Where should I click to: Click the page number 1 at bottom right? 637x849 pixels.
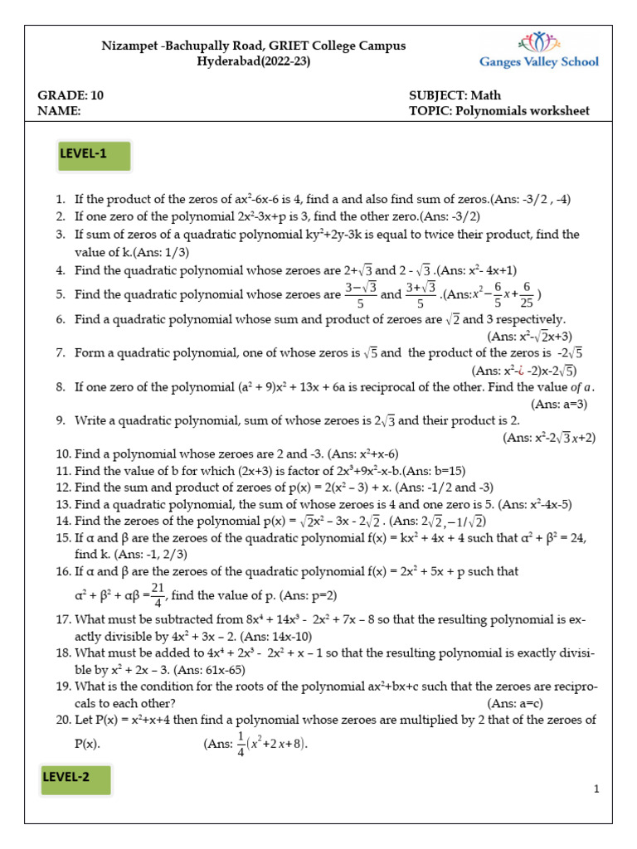(596, 789)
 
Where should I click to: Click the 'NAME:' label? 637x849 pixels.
(59, 110)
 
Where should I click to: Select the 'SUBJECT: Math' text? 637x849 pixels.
(455, 95)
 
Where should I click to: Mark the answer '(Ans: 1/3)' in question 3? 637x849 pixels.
(162, 252)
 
